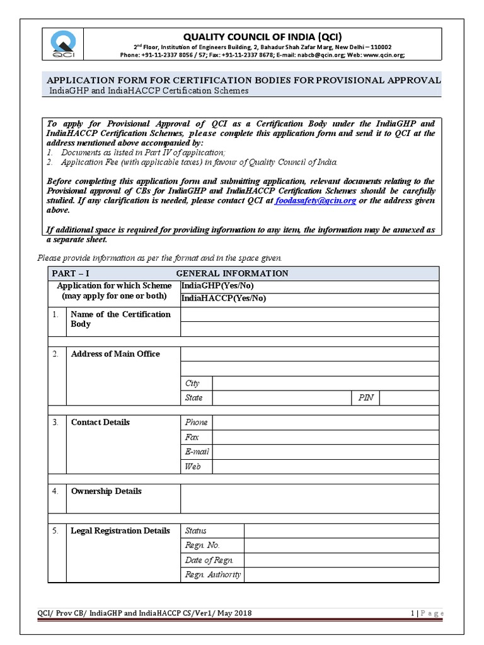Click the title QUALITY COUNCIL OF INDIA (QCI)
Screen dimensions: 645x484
pos(263,36)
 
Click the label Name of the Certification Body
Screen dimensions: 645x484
pos(120,319)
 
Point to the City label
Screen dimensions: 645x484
pos(192,384)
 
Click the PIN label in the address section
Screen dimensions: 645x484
pos(365,398)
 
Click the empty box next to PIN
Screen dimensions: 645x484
pos(409,398)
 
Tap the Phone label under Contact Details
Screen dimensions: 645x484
pos(196,423)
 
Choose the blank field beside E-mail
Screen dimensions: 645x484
pos(325,452)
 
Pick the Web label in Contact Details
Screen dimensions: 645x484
pos(193,467)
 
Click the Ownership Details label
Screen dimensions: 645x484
pos(106,491)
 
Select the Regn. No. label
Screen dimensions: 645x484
pos(202,545)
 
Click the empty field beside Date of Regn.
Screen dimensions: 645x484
pos(341,560)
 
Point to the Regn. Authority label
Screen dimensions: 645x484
pos(212,575)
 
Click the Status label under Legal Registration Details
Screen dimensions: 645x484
pos(195,531)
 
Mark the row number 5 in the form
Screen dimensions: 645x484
pos(55,531)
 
